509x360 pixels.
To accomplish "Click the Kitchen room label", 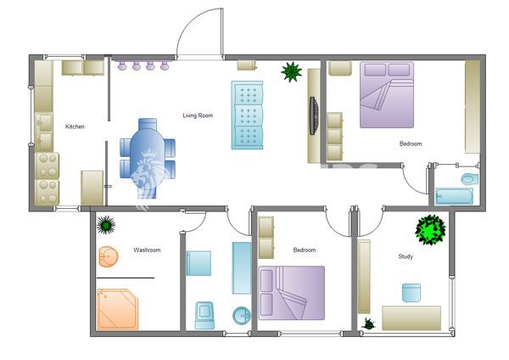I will click(75, 127).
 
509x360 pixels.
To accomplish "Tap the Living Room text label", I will click(197, 115).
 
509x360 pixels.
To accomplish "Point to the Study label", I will click(406, 256).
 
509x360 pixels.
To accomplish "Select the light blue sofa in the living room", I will click(247, 115).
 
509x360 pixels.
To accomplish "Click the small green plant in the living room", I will click(292, 71).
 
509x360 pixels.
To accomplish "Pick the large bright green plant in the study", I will click(430, 229).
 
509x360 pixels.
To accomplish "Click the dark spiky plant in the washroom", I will click(106, 225).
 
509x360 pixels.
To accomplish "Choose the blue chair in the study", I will click(411, 293).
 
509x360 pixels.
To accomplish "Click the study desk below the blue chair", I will click(411, 318).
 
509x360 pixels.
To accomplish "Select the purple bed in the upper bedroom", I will click(390, 95).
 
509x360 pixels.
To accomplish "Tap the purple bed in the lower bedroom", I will click(292, 293).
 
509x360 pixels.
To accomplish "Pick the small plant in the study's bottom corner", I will click(370, 323).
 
